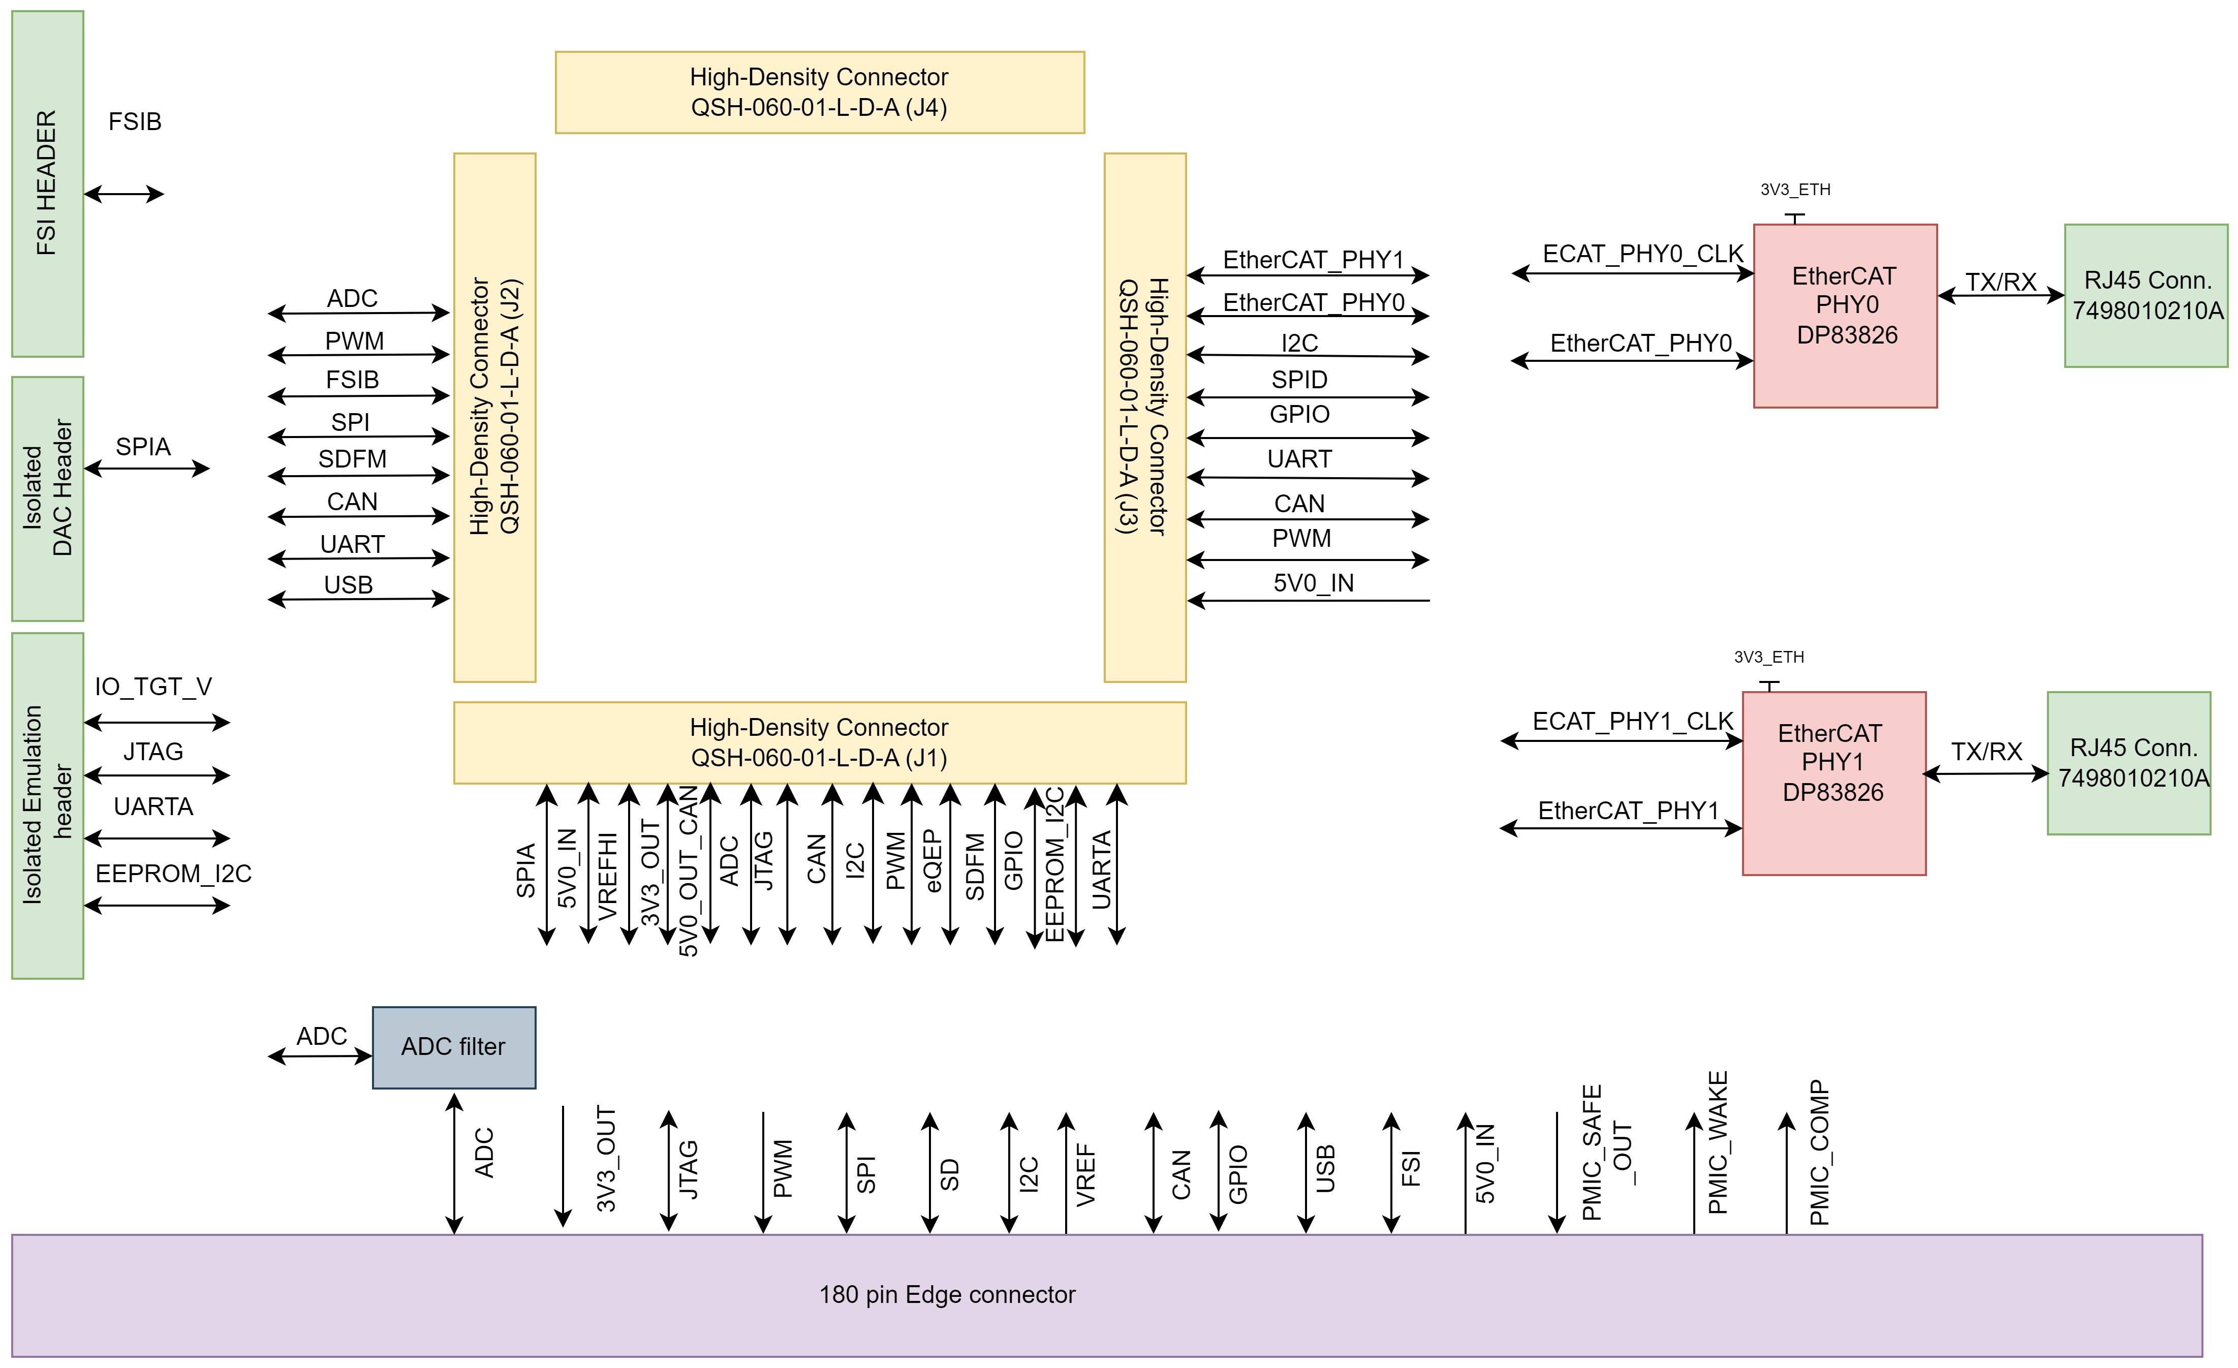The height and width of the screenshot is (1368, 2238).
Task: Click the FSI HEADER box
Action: click(47, 183)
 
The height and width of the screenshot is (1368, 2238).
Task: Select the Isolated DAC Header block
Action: click(47, 499)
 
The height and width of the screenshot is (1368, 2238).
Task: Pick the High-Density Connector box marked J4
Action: click(819, 92)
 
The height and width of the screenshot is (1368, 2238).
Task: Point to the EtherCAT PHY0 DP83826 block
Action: click(1845, 315)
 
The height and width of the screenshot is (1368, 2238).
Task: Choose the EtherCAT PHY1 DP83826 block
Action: click(1833, 783)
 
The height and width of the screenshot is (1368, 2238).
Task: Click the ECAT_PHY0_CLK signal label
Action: click(1642, 254)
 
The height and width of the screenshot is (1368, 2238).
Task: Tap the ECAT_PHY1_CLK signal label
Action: click(1632, 721)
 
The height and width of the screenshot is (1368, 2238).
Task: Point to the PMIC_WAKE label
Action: click(1718, 1143)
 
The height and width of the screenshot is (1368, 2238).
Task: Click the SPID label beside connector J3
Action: click(1299, 380)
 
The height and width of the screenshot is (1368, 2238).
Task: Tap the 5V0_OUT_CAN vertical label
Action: click(690, 872)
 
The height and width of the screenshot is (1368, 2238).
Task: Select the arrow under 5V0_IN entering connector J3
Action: click(1308, 601)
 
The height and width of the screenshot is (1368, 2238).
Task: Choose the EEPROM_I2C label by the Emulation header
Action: click(173, 874)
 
